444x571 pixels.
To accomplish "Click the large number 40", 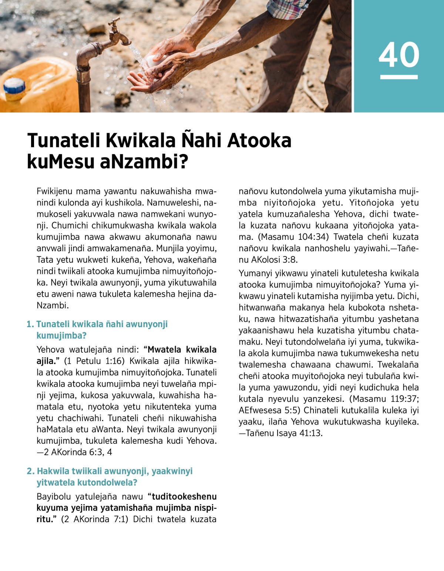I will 399,54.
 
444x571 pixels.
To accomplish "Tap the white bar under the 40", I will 399,77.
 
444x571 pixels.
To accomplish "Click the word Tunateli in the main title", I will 64,141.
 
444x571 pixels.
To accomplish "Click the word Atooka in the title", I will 259,141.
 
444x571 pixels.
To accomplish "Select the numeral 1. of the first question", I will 30,324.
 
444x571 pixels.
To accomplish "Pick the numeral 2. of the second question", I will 31,471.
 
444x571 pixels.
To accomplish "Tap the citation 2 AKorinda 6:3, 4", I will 78,452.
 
